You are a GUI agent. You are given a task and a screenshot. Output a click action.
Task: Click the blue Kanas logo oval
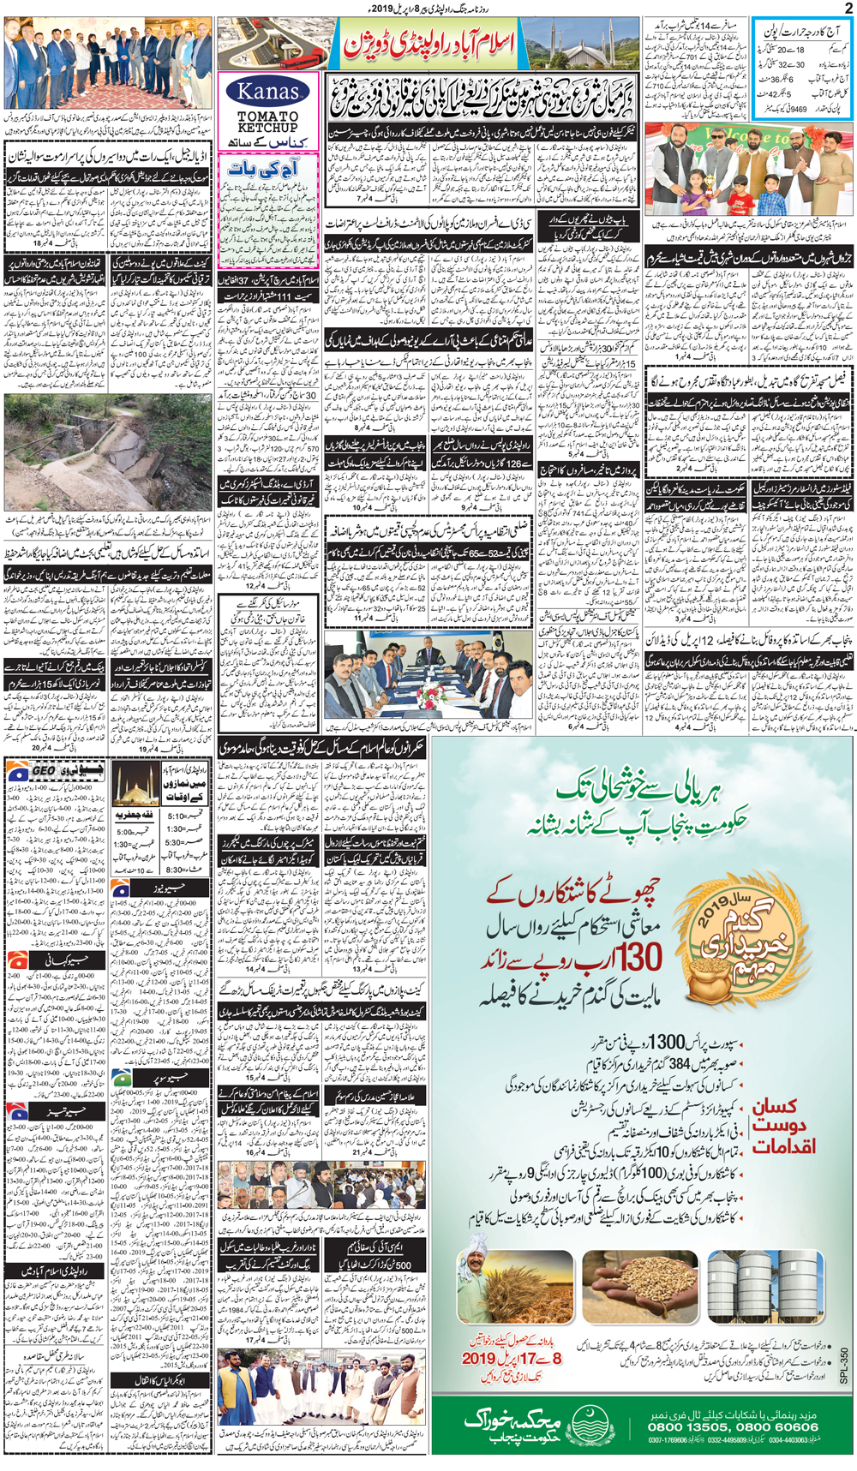268,91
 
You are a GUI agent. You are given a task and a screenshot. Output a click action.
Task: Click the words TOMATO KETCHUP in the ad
267,121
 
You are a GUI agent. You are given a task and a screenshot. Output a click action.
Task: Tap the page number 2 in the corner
848,8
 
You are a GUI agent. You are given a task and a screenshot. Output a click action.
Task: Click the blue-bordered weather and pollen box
804,69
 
